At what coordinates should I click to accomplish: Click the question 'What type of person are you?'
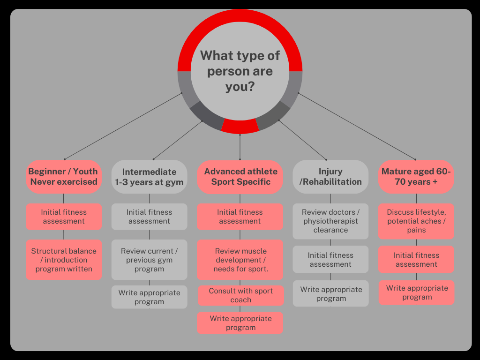coord(240,71)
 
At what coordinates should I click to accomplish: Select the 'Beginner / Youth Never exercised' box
coord(64,177)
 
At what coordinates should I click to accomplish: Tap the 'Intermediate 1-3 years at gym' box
coord(149,177)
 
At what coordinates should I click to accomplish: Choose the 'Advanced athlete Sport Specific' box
coord(240,177)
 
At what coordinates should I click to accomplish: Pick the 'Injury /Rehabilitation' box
coord(330,177)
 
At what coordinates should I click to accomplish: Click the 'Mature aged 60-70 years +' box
coord(416,177)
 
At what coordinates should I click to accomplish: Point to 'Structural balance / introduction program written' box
coord(64,260)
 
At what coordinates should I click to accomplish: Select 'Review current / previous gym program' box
coord(149,260)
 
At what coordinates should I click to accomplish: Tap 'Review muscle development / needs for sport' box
coord(240,260)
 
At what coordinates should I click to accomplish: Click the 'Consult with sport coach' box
coord(240,295)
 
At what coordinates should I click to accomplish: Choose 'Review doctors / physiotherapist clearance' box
coord(330,221)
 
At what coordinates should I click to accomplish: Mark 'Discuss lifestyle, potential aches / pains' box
coord(416,221)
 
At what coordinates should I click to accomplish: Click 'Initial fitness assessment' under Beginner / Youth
coord(64,217)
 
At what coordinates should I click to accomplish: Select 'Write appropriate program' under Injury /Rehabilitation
coord(330,294)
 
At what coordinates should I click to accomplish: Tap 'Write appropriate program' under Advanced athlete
coord(240,323)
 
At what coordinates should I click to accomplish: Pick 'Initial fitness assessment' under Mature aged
coord(416,260)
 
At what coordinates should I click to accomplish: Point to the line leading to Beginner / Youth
coord(123,127)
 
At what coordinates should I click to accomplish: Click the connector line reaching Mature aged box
coord(356,127)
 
